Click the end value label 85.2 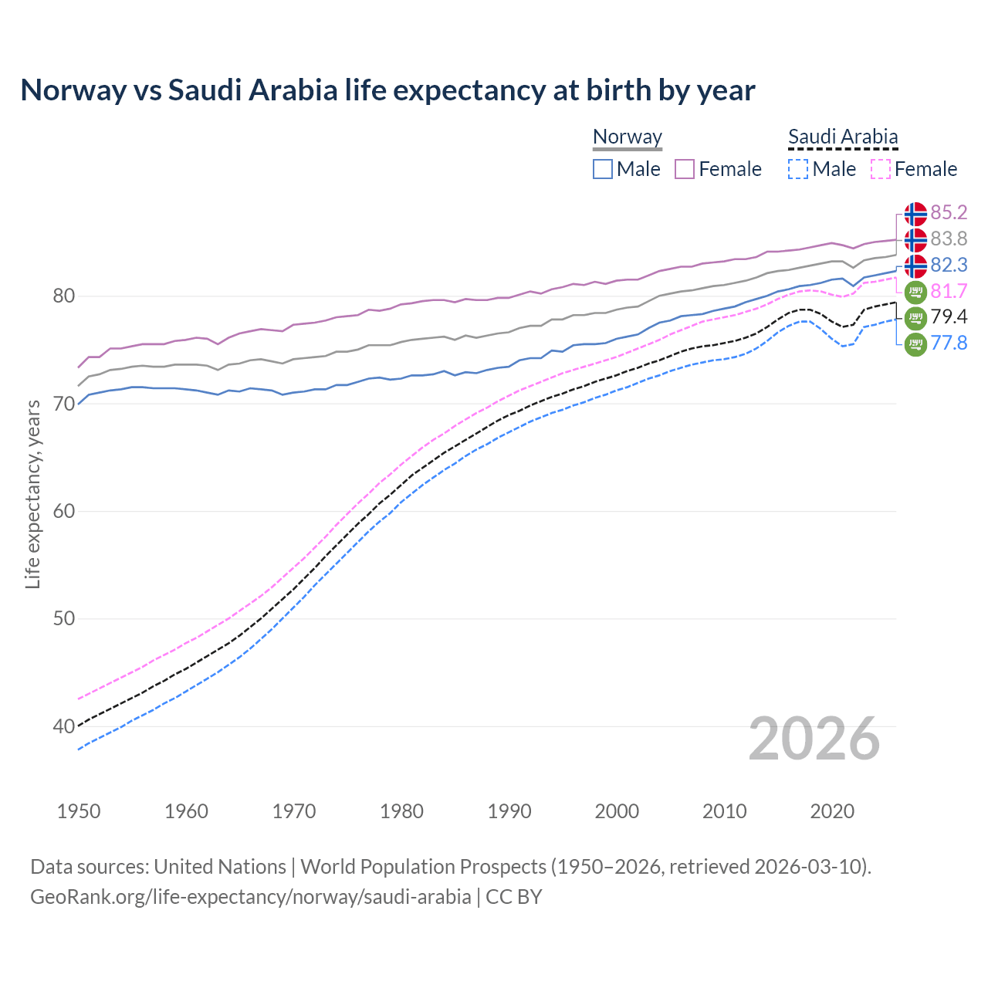tap(949, 212)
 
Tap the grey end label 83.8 tap(949, 239)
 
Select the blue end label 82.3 tap(949, 265)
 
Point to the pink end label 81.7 tap(949, 291)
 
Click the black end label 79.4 tap(949, 316)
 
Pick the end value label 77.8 tap(949, 343)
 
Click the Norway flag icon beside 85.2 tap(915, 214)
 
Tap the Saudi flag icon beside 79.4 tap(915, 317)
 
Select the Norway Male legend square tap(603, 169)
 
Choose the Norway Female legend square tap(685, 169)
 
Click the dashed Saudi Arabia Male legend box tap(798, 169)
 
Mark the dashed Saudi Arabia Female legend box tap(881, 169)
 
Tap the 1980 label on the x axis tap(401, 811)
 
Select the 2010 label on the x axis tap(724, 811)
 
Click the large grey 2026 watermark tap(814, 739)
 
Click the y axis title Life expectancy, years tap(33, 495)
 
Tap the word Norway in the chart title tap(73, 90)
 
